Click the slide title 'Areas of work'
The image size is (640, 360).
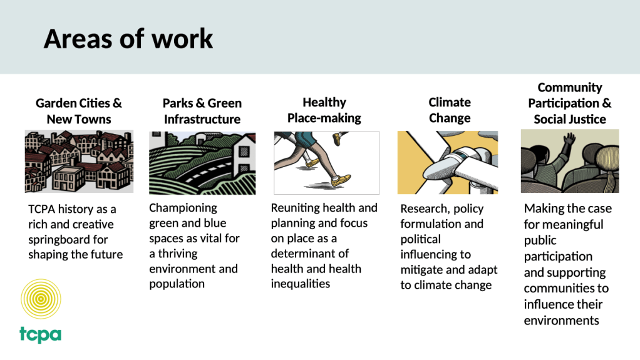[128, 39]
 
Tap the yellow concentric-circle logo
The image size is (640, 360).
[41, 299]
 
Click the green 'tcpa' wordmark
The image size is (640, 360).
[41, 334]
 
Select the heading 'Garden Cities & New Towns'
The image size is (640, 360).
[79, 111]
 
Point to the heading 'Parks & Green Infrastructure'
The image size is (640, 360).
[202, 111]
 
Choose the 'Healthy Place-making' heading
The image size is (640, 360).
[324, 110]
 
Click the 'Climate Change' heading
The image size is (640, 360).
[450, 110]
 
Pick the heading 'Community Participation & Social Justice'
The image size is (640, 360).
[570, 103]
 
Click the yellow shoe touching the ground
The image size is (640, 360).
[341, 180]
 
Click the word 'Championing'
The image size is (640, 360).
[183, 208]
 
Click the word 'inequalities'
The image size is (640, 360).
[301, 284]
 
